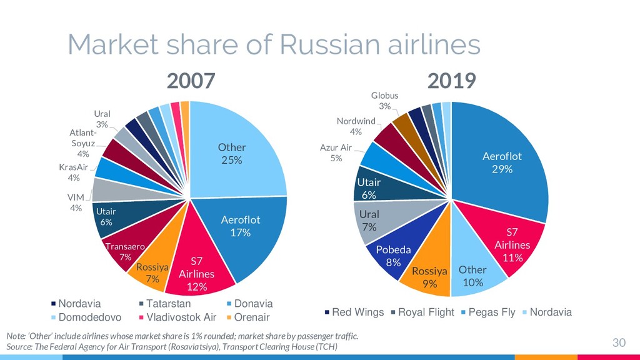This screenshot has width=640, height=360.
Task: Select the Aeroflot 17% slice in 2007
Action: coord(241,226)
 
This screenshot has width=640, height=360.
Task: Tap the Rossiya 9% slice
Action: coord(429,277)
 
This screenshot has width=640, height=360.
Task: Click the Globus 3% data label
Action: coord(384,101)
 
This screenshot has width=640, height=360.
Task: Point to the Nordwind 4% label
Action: coord(356,126)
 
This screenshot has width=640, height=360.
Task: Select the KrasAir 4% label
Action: coord(74,172)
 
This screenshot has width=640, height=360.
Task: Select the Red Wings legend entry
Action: coord(354,312)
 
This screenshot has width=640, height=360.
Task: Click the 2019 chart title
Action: coord(451,81)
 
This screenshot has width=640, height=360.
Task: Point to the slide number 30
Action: coord(618,342)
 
